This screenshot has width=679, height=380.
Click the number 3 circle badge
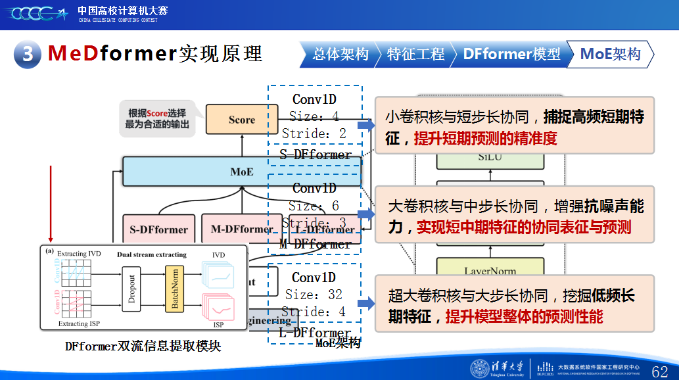28,53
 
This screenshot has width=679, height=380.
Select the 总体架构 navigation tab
339,55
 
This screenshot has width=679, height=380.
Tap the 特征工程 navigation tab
415,55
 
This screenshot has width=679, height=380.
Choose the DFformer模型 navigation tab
511,55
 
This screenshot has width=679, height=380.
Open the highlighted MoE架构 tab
610,55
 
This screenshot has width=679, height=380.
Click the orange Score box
241,120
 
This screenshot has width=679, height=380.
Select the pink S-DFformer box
158,229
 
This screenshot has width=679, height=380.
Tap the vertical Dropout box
131,289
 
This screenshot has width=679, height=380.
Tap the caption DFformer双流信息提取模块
143,346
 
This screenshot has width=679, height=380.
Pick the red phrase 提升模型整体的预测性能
524,317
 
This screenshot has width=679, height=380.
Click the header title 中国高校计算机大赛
122,11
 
